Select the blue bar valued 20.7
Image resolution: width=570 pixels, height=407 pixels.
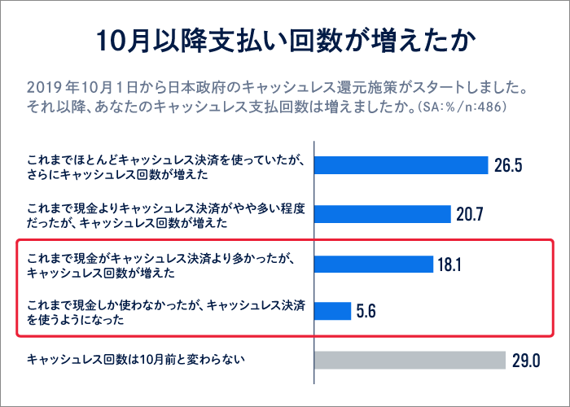point(383,214)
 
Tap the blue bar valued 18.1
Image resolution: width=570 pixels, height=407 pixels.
point(374,264)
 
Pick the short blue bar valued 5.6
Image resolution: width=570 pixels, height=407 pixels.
point(332,311)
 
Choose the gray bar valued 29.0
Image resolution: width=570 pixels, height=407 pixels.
point(410,360)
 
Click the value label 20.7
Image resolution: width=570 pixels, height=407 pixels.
point(471,215)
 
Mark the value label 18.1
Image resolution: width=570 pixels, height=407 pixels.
point(451,265)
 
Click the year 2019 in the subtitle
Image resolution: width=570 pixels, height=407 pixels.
point(42,87)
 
